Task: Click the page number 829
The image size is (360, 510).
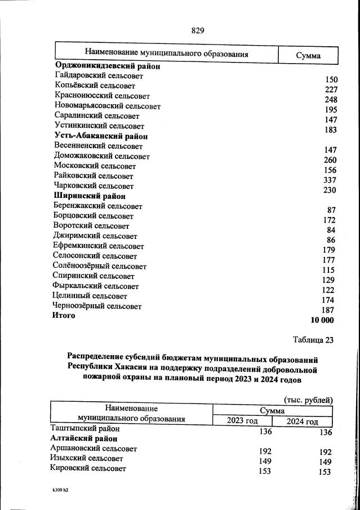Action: [197, 31]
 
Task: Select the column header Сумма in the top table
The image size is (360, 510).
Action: [308, 55]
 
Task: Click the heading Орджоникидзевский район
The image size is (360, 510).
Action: [107, 66]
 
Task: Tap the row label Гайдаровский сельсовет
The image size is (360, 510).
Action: [96, 76]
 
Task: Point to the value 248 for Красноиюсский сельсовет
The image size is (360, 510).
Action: [330, 100]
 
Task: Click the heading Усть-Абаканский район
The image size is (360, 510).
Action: [101, 136]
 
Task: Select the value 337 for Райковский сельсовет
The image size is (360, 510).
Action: [330, 180]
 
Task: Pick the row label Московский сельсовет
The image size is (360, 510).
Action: [95, 166]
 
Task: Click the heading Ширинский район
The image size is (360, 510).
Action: [90, 196]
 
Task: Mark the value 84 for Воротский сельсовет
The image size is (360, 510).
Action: [331, 230]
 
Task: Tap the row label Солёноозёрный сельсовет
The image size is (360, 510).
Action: [100, 266]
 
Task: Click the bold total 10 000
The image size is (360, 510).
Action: [322, 320]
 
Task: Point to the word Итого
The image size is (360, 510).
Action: [64, 316]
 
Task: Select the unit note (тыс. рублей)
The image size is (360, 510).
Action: [308, 400]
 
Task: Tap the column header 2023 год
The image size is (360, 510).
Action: [242, 421]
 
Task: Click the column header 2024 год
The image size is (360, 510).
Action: [302, 422]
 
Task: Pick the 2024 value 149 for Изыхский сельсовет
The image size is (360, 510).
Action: [324, 462]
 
